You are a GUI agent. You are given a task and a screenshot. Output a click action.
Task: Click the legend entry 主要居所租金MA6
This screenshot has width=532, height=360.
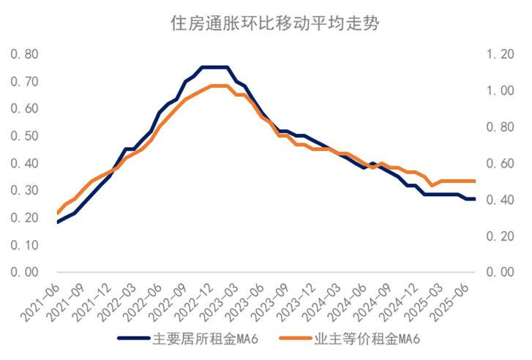pos(193,339)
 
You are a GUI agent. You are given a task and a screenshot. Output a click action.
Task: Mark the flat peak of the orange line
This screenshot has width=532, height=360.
pos(220,86)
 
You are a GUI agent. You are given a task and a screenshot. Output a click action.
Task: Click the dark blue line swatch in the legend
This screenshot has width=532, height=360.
pos(134,339)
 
